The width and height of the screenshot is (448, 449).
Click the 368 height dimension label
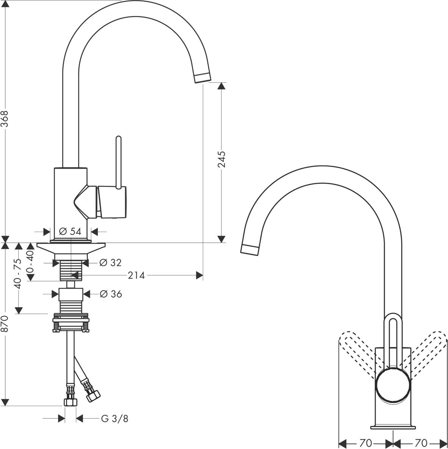tap(5, 119)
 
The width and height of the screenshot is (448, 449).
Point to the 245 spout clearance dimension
tap(221, 159)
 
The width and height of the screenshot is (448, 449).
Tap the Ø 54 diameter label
tap(70, 231)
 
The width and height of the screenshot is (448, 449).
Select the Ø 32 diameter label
tap(111, 262)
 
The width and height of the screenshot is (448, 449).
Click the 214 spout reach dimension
tap(136, 275)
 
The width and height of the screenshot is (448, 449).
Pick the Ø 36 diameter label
tap(111, 294)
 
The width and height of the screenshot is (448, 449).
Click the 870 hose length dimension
tap(5, 324)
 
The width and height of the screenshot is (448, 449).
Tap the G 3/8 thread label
tap(114, 419)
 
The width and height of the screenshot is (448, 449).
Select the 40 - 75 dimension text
tap(18, 274)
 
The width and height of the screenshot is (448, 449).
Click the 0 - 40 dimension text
tap(30, 261)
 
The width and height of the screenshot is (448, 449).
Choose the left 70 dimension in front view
tap(365, 443)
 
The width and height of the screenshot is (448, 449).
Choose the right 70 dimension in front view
tap(421, 443)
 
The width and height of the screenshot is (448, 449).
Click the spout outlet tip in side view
tap(203, 78)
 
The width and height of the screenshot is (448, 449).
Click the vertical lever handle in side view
tap(119, 162)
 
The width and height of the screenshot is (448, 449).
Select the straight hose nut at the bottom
tap(70, 402)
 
